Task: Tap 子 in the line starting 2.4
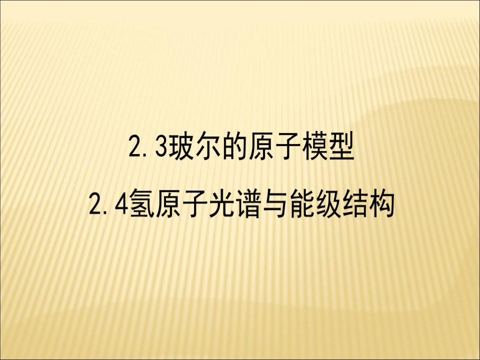tap(196, 204)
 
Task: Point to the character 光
tap(224, 204)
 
